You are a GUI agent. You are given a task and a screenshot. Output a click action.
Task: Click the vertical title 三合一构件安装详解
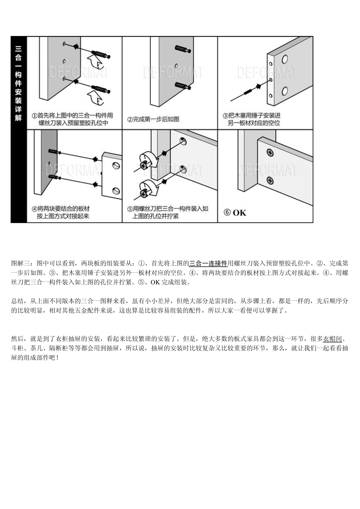pos(18,83)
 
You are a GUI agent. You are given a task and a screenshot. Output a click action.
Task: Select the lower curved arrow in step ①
pos(94,97)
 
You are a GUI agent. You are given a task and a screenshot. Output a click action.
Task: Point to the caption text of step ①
pos(72,119)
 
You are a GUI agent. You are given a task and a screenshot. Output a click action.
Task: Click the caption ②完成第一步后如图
pos(153,119)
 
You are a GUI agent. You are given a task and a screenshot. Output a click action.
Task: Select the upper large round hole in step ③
pos(285,59)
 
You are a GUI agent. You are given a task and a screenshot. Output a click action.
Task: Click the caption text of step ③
pos(252,119)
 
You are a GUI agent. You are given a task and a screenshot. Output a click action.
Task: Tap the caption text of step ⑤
pos(167,212)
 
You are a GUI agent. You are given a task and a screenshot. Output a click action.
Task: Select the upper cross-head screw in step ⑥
pos(270,153)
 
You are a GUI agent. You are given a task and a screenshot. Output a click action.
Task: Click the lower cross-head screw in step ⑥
pos(270,181)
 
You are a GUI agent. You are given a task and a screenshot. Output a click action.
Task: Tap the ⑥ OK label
pos(235,212)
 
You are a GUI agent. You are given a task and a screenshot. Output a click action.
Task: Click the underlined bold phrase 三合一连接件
pos(208,263)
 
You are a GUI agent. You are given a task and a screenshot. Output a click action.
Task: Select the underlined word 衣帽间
pos(332,339)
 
